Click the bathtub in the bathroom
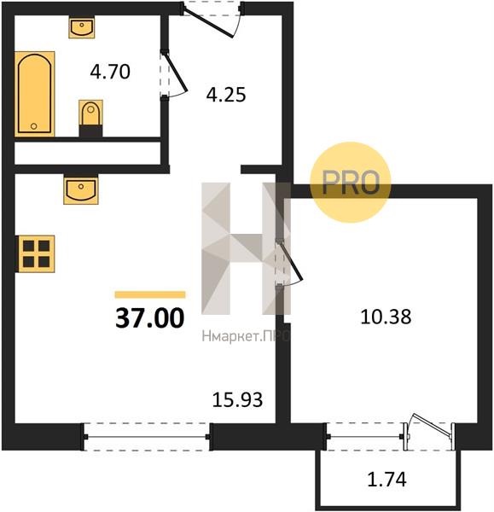(35, 94)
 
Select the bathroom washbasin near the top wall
(82, 28)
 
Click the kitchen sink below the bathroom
(81, 191)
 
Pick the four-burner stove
(35, 253)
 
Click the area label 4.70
(110, 72)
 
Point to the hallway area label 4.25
(226, 95)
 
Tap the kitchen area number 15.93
(237, 399)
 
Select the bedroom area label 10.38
(386, 317)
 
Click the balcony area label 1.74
(386, 480)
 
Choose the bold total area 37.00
(150, 318)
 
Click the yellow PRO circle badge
(351, 183)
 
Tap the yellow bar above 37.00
(150, 294)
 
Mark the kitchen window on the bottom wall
(147, 437)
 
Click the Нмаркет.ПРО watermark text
(246, 336)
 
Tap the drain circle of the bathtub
(33, 126)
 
